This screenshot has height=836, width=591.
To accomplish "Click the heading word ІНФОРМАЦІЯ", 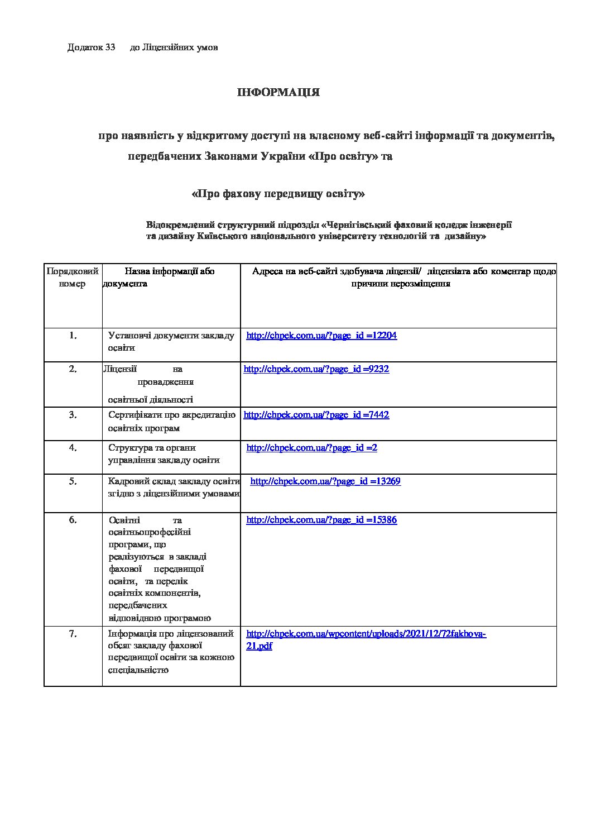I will pos(278,93).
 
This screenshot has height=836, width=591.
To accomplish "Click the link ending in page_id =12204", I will pos(321,336).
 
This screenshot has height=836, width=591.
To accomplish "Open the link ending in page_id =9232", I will pos(316,369).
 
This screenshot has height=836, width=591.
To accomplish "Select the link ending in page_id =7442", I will pos(316,415).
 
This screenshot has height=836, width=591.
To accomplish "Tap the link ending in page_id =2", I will pos(311,448).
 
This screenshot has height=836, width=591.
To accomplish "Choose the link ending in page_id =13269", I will pos(325,481).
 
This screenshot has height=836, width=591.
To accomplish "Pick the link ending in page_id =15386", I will pos(321,520).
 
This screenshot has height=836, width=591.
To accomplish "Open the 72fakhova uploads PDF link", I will pos(366,634).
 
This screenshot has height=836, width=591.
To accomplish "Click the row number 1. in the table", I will pos(73,336).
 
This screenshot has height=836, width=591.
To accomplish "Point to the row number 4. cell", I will pos(73,448).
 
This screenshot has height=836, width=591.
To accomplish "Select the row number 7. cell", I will pos(73,634).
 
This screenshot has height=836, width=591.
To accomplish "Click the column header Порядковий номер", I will pos(73,278).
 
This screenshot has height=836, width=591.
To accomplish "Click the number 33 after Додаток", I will pos(110,47).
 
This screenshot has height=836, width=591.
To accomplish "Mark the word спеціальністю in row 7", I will pos(138,670).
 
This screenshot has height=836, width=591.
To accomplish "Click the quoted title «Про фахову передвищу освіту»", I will pos(278,194).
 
